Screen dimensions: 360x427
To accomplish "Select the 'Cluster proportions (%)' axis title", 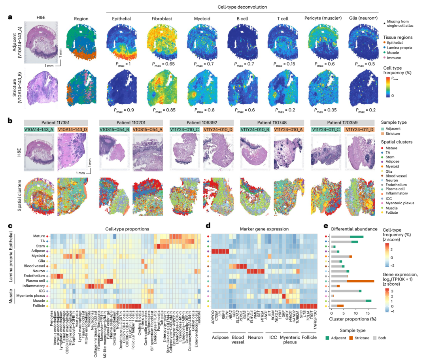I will (x=353, y=319).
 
